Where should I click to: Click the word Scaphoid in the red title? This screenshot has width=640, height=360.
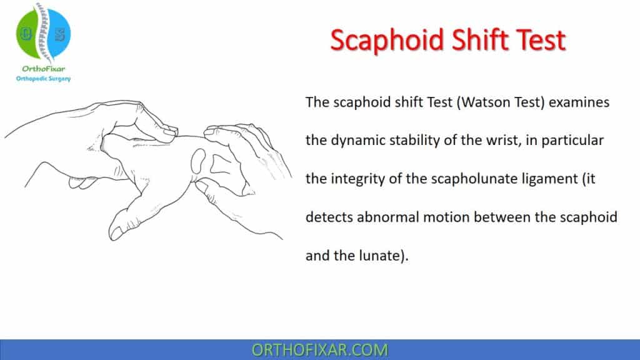386,41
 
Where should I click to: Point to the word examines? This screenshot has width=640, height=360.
579,102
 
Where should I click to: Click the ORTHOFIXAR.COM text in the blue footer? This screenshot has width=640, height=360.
319,350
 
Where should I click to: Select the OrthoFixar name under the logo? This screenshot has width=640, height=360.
43,69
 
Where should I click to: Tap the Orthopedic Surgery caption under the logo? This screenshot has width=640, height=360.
43,78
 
